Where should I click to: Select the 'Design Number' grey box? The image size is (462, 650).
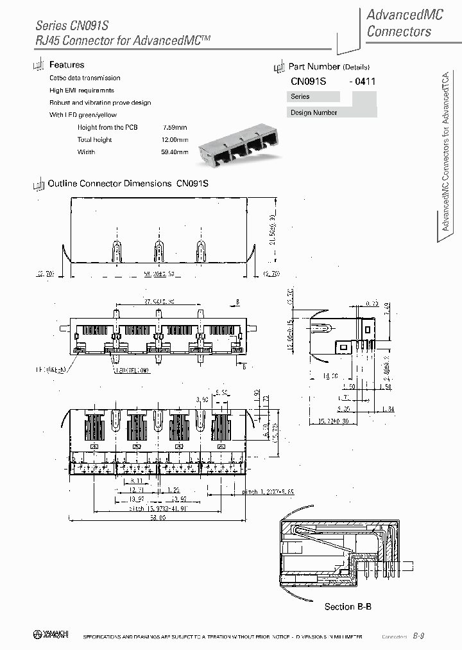click(x=314, y=112)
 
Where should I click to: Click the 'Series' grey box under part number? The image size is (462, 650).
click(x=314, y=96)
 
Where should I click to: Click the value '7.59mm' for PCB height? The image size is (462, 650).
click(x=175, y=127)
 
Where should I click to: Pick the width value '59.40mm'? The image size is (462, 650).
click(x=175, y=152)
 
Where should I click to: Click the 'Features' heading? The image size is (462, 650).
click(x=67, y=65)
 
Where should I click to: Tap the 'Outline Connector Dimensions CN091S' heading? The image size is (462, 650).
click(x=128, y=183)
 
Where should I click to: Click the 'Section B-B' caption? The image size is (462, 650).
click(x=348, y=606)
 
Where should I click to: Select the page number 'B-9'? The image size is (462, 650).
click(x=418, y=635)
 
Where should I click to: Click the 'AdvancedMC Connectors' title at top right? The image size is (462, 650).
click(x=405, y=23)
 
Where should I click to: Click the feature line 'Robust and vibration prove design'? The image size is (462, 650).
click(x=100, y=103)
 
